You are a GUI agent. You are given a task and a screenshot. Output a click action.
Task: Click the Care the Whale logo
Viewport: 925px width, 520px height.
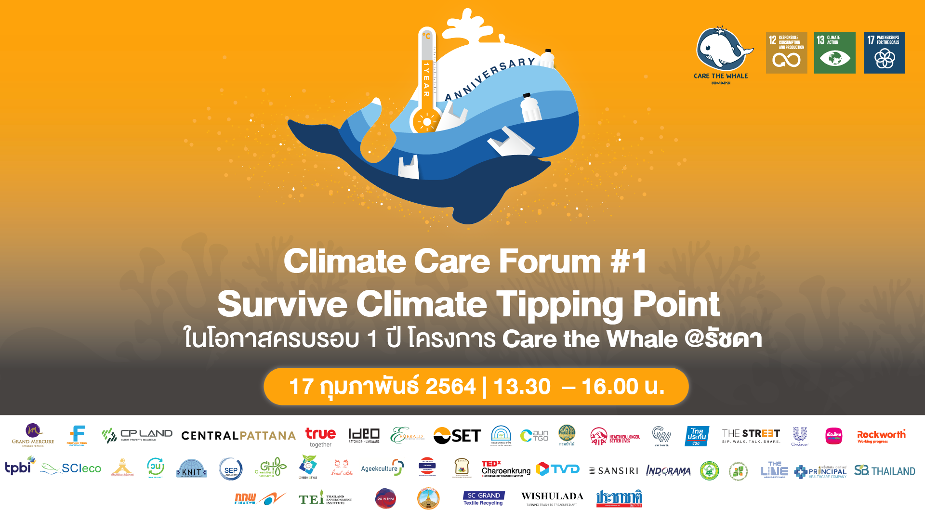click(721, 54)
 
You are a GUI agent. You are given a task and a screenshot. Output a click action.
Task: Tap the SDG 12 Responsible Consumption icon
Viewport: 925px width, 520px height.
click(786, 53)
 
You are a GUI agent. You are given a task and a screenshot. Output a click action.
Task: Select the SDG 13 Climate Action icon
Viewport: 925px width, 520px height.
click(834, 53)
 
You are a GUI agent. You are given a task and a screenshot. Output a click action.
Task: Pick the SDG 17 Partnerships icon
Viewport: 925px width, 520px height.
click(884, 53)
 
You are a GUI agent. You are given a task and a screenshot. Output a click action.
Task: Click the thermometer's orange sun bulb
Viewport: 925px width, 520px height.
click(426, 121)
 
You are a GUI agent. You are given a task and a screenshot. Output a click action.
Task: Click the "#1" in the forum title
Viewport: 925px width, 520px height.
click(628, 261)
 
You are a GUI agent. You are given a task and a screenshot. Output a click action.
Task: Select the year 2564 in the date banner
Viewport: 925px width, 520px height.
click(450, 387)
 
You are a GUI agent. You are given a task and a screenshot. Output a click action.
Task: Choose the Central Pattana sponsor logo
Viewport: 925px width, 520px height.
click(238, 436)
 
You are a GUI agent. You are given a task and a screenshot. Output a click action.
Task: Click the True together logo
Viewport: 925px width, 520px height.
click(320, 437)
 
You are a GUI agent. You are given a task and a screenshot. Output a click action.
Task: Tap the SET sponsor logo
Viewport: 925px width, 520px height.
click(457, 436)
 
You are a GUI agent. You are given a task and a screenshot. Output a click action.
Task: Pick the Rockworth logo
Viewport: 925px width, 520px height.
click(881, 436)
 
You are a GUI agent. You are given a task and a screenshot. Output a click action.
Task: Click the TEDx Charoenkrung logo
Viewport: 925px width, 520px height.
click(505, 468)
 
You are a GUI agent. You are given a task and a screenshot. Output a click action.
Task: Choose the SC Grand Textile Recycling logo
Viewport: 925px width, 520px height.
click(483, 498)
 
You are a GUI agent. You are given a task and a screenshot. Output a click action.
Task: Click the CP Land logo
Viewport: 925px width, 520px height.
click(137, 435)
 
